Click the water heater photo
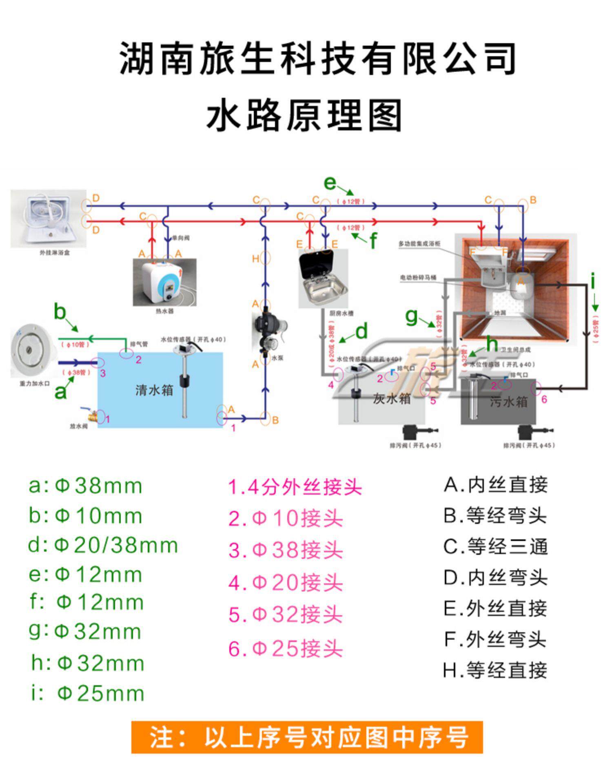(x=164, y=282)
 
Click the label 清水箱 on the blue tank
(x=154, y=390)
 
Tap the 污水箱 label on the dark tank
(x=508, y=402)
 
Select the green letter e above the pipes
(x=330, y=183)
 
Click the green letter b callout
(x=60, y=312)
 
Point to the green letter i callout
(x=592, y=281)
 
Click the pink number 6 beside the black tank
(x=544, y=400)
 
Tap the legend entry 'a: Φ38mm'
(x=85, y=486)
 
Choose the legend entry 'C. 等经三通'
(x=495, y=547)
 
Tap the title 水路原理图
(x=304, y=115)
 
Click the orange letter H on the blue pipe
(x=255, y=259)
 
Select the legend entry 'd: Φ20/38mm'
(x=103, y=545)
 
